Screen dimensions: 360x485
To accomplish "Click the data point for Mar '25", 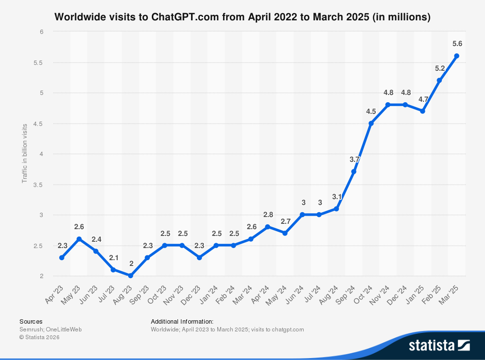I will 456,56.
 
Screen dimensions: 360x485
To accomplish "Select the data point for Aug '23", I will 130,276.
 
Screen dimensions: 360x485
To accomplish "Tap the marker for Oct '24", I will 371,123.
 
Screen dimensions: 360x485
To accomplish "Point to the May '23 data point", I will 79,239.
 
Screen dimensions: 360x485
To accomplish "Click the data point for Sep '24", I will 354,172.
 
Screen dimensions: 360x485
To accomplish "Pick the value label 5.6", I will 457,44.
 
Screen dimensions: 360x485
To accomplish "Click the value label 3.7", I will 354,159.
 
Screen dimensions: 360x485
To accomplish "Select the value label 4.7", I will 423,99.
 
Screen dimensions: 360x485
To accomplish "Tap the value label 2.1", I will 113,257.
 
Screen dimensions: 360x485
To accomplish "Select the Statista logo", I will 439,345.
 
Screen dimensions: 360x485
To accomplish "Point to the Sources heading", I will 31,321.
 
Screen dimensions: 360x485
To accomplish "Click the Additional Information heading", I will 182,321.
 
